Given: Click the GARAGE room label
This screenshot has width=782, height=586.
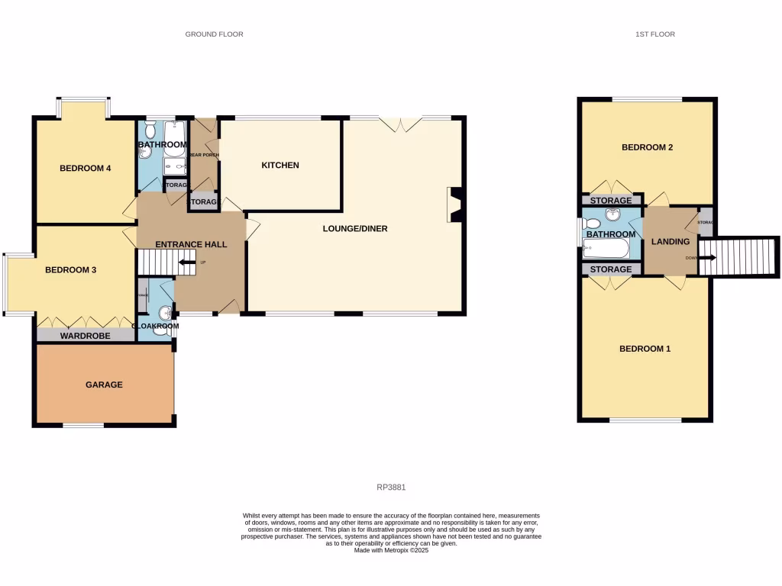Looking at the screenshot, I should [x=104, y=385].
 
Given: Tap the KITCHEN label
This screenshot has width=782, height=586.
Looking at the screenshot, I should [x=280, y=166].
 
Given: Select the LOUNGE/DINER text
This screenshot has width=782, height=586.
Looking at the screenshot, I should [x=356, y=228].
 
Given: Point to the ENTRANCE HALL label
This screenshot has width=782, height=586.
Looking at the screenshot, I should [x=191, y=244].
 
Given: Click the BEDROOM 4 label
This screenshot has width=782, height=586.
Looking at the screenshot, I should [x=86, y=169].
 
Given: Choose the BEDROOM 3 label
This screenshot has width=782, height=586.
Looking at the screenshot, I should [x=71, y=269].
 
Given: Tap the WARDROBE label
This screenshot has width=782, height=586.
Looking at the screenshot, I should [x=86, y=336].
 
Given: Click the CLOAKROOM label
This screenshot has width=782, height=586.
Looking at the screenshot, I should [x=156, y=326].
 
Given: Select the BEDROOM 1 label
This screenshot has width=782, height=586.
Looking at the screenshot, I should [x=645, y=349].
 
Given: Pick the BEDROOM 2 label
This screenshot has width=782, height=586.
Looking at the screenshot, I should [x=647, y=147].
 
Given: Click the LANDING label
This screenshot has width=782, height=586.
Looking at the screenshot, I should [x=671, y=242].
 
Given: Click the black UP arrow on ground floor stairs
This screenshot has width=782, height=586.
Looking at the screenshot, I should [x=185, y=263].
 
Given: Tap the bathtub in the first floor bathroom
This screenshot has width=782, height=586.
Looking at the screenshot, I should [x=606, y=248].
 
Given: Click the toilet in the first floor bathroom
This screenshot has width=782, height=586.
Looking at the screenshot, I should [x=590, y=224].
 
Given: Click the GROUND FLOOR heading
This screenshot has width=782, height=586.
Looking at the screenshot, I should [x=215, y=34].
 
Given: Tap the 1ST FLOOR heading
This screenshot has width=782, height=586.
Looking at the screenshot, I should [x=654, y=34].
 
